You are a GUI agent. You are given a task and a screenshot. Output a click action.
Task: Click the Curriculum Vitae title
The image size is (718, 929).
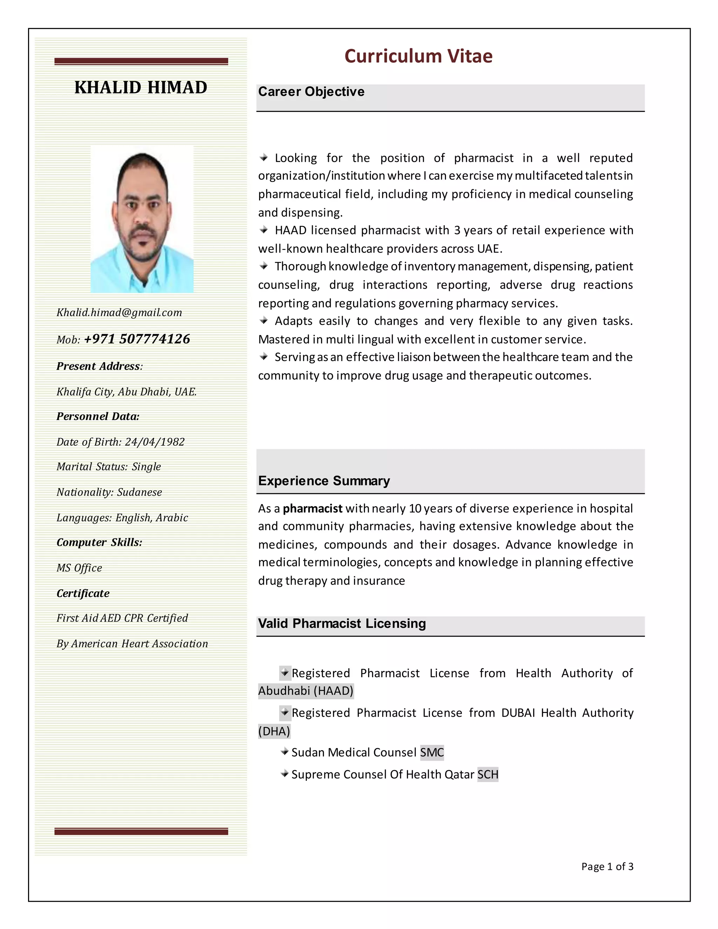click(x=418, y=56)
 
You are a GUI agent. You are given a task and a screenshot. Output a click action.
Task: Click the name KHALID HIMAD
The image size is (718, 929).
click(x=141, y=87)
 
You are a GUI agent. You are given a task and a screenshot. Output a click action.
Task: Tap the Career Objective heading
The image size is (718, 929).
click(x=311, y=91)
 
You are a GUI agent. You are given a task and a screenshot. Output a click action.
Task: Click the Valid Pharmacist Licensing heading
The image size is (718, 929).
click(x=341, y=623)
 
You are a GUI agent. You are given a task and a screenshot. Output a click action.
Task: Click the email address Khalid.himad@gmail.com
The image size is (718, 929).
click(x=119, y=313)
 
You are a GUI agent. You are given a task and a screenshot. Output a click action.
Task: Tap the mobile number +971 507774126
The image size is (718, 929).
click(x=137, y=339)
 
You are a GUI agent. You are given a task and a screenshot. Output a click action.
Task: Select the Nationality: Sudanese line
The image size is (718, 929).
click(x=109, y=492)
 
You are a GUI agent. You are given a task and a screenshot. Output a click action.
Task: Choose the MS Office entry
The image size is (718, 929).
click(x=80, y=568)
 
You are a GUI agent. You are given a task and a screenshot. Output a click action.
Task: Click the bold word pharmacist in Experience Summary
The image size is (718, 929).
click(x=313, y=508)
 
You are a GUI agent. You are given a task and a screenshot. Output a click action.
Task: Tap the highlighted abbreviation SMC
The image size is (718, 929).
click(x=432, y=752)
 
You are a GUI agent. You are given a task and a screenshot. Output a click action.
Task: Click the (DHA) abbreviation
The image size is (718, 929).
click(x=274, y=731)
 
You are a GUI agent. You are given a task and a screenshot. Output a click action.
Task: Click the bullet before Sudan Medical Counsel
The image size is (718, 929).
click(x=285, y=752)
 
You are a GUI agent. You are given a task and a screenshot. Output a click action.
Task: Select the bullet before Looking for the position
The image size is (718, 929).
click(x=264, y=158)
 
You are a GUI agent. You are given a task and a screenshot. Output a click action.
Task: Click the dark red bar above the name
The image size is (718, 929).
click(x=141, y=61)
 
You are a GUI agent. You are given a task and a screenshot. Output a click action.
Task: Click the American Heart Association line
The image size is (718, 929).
click(x=132, y=644)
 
